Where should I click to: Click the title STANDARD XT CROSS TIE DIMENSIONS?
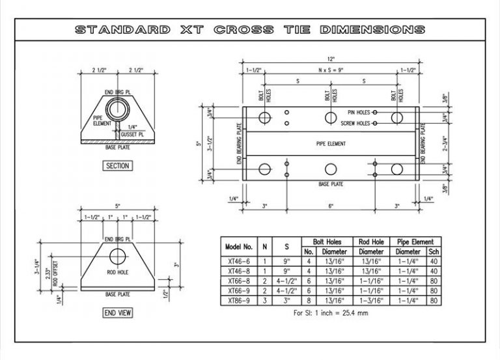click(x=250, y=30)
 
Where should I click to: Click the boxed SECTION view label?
click(x=117, y=166)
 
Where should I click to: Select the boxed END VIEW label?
click(x=118, y=313)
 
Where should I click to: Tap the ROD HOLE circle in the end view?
click(x=118, y=255)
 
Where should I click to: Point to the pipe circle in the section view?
click(x=118, y=107)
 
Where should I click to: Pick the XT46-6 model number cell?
click(x=239, y=260)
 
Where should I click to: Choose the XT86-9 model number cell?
click(x=239, y=301)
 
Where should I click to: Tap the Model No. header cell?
click(x=239, y=247)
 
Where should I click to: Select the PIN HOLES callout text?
click(x=359, y=112)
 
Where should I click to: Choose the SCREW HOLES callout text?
click(x=355, y=122)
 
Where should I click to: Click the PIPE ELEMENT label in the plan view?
click(x=331, y=143)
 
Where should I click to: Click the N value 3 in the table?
click(x=265, y=301)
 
